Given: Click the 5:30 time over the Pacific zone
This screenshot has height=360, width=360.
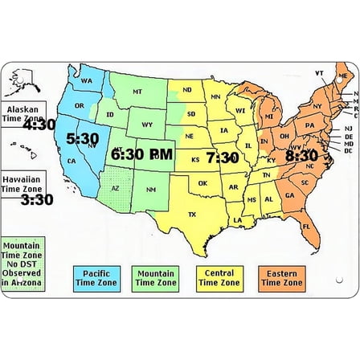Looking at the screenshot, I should pyautogui.click(x=82, y=139).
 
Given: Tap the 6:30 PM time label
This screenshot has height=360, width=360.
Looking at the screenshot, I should pyautogui.click(x=142, y=153).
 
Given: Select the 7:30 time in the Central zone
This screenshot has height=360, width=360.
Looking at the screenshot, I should pyautogui.click(x=223, y=157).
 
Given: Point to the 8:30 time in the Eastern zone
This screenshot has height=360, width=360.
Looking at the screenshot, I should pyautogui.click(x=301, y=156).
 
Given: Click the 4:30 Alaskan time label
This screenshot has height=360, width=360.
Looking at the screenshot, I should pyautogui.click(x=39, y=125).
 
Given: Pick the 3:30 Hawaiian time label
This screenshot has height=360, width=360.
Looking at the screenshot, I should pyautogui.click(x=37, y=199).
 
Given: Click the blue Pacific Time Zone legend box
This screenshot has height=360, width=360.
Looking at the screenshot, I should pyautogui.click(x=96, y=278).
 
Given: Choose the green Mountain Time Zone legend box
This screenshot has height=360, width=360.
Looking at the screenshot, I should pyautogui.click(x=156, y=278).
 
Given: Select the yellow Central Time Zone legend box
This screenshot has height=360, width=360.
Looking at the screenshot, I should pyautogui.click(x=219, y=278).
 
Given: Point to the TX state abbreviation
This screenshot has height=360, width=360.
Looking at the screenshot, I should pyautogui.click(x=191, y=215).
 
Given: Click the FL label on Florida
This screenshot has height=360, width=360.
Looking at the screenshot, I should pyautogui.click(x=307, y=227).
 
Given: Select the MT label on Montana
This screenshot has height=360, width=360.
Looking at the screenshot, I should pyautogui.click(x=137, y=92).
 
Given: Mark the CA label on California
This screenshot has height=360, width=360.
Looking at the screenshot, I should pyautogui.click(x=72, y=161).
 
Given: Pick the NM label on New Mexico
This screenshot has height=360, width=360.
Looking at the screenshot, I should pyautogui.click(x=150, y=190).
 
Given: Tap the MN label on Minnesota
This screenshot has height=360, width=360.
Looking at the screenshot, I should pyautogui.click(x=215, y=97).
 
